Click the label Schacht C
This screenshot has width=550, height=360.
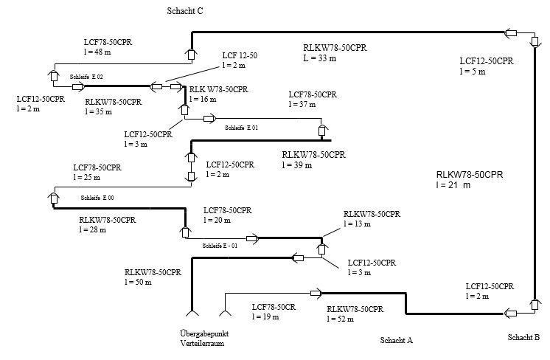[x=185, y=11]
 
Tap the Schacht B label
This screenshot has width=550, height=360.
[x=523, y=338]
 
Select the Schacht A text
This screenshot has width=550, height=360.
[x=396, y=340]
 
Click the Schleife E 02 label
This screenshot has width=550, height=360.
[x=86, y=77]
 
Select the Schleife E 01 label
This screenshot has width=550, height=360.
[x=241, y=128]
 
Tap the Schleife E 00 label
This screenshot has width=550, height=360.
[x=97, y=198]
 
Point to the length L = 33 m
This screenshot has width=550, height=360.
[x=319, y=58]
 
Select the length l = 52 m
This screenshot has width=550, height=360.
[x=341, y=319]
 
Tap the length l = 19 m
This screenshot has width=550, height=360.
[x=266, y=316]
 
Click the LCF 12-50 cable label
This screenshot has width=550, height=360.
[x=240, y=56]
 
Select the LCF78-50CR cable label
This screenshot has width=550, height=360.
[x=275, y=306]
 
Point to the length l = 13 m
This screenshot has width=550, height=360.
[x=359, y=224]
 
